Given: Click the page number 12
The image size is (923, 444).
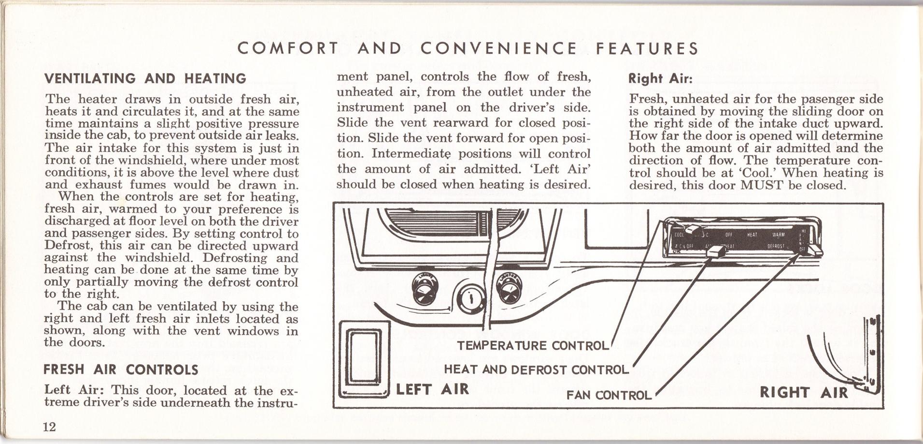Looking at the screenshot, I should point(50,427).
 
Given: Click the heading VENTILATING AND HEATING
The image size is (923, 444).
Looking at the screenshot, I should point(145,78).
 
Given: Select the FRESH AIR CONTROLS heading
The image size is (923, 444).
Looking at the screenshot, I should point(121,370).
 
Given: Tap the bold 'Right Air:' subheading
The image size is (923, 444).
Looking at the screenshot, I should point(660,78).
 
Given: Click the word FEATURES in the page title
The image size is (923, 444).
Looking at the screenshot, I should point(647,49).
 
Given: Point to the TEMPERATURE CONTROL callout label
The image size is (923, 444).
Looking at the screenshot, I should point(532,345).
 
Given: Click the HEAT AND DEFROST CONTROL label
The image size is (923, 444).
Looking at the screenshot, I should point(536,370).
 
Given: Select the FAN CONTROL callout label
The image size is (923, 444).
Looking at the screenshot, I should point(609,395).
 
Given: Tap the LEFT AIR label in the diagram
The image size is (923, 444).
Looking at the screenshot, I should point(432,389).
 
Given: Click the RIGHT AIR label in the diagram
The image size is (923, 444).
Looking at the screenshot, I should point(804,392).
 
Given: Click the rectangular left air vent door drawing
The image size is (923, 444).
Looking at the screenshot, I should point(364,358).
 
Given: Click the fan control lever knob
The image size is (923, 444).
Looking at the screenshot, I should point(813,250).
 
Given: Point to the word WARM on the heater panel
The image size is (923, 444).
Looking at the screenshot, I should point(778,235).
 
